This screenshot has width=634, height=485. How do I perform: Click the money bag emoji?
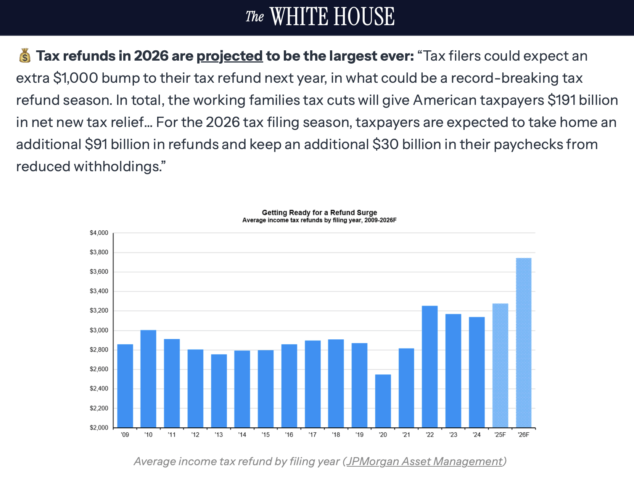point(25,56)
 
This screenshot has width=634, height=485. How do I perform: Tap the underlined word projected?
point(230,56)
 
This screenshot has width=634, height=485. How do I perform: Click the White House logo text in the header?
point(320,17)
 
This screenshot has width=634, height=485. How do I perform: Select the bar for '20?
point(383,401)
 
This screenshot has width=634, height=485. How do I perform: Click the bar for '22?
point(430,366)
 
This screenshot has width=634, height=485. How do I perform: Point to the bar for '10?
point(148,379)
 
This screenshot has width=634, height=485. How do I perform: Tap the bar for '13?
point(219,391)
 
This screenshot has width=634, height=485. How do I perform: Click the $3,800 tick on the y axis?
point(99,252)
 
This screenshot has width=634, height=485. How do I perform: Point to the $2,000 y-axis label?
point(99,428)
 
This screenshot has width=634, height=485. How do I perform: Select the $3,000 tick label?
point(99,330)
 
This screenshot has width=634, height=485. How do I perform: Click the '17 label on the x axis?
point(312,435)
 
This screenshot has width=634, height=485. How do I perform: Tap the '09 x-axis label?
point(125,435)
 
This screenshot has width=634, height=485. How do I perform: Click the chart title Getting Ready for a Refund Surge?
point(319,213)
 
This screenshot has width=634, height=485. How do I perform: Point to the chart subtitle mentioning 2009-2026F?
point(319,220)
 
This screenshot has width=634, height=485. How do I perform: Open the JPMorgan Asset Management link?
point(424,461)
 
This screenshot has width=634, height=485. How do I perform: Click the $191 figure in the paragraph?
point(562,100)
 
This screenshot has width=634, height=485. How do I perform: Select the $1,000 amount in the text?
point(76,78)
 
